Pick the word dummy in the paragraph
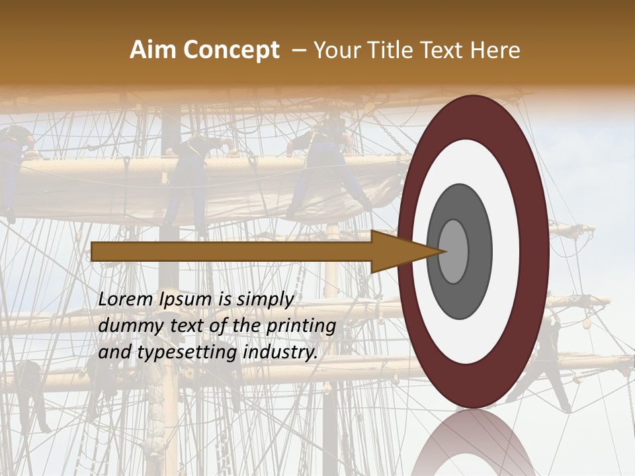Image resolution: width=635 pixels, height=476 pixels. coord(126,326)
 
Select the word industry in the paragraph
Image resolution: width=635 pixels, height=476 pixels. coord(280,352)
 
